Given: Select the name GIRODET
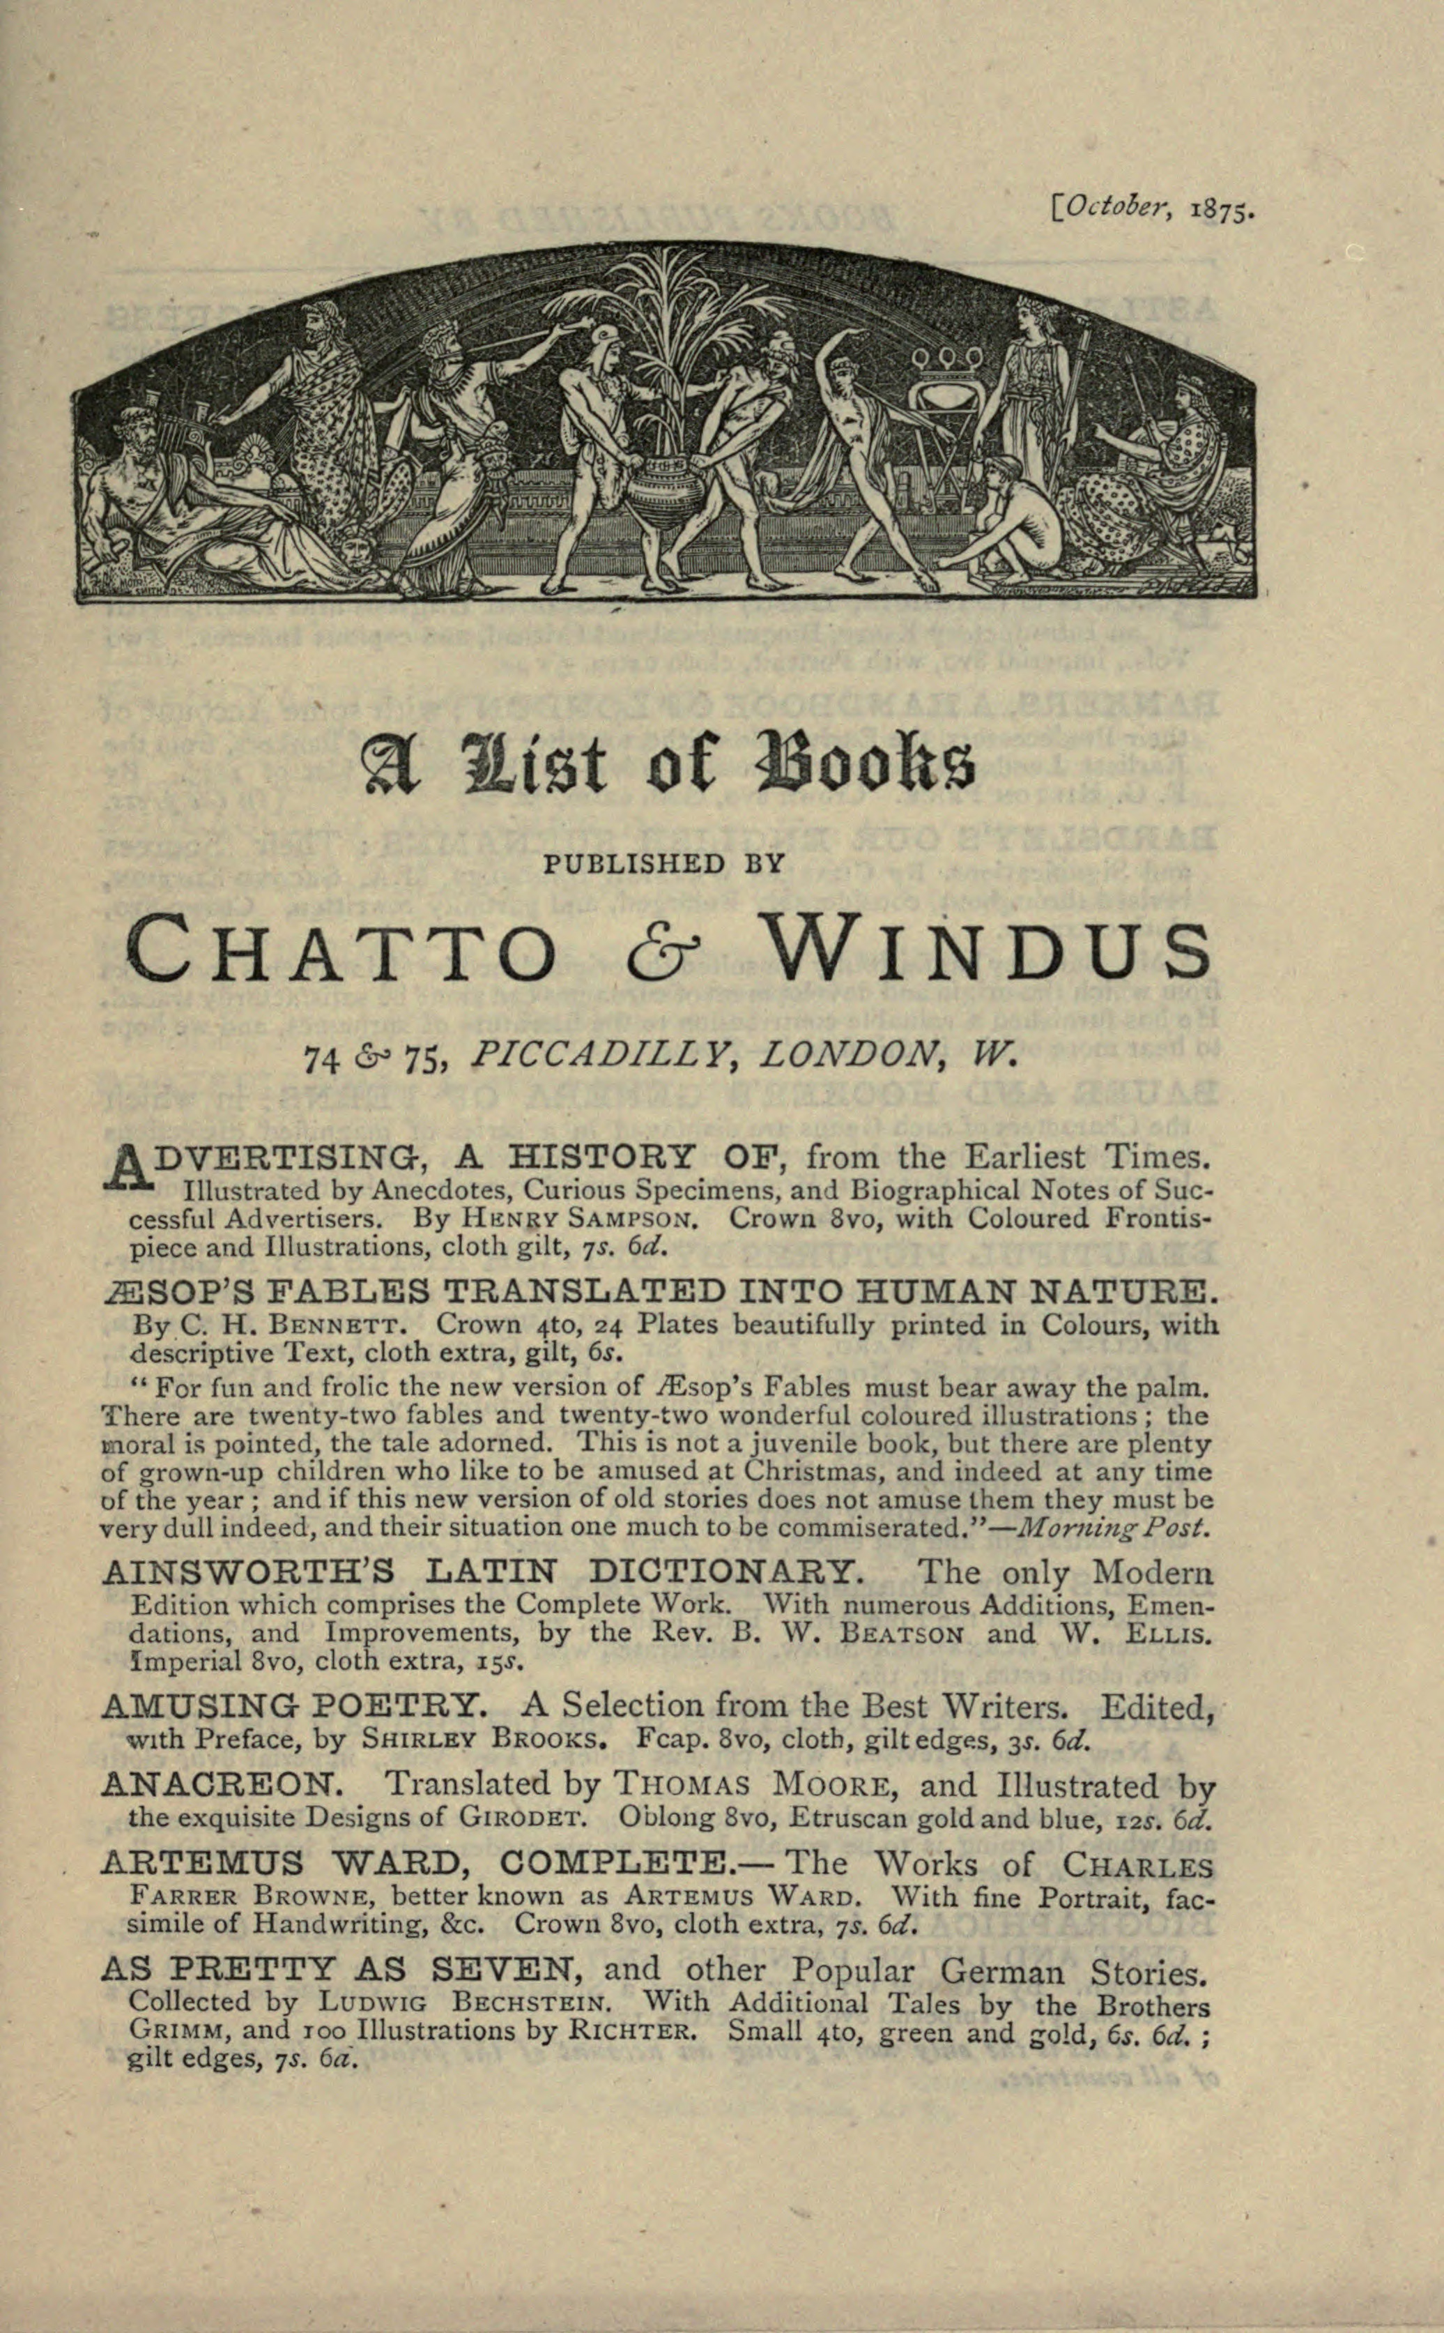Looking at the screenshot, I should click(x=526, y=1817).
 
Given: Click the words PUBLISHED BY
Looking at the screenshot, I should click(x=663, y=864).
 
